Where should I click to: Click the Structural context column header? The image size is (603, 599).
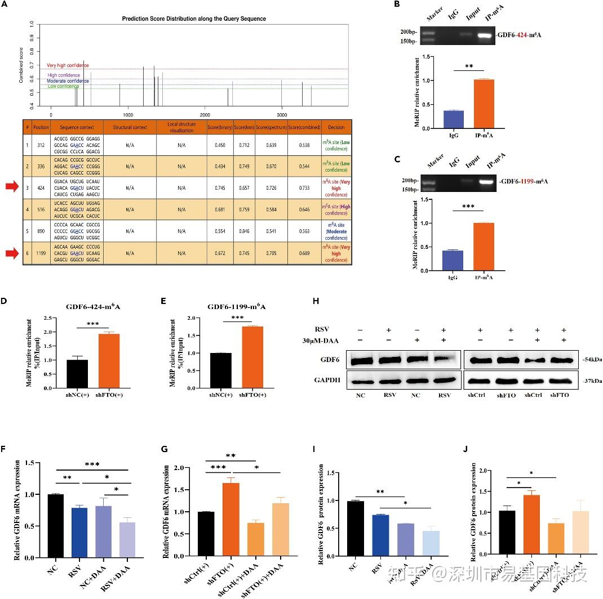[x=130, y=127]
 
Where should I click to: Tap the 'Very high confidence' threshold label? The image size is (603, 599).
[x=68, y=66]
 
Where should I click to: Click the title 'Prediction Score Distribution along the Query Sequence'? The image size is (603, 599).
[x=194, y=19]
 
